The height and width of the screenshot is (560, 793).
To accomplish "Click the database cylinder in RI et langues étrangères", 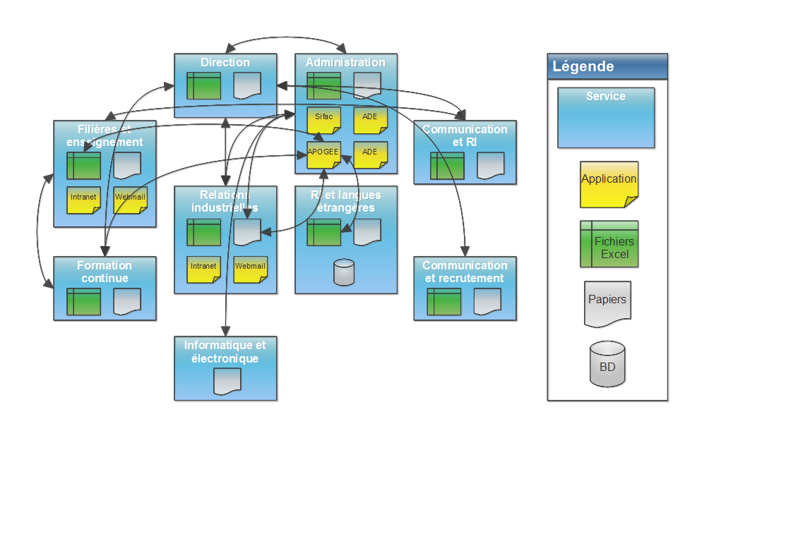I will (x=344, y=273).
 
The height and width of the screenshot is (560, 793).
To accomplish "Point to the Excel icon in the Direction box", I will (x=203, y=86).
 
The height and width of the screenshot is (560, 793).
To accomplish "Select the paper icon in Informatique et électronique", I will (x=227, y=382).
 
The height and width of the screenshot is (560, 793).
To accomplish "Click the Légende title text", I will (x=583, y=67).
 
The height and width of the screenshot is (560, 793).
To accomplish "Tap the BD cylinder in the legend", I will (x=607, y=364).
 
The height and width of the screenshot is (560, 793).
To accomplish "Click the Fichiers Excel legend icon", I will (x=609, y=244).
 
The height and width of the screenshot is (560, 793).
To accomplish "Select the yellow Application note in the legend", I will (x=609, y=184).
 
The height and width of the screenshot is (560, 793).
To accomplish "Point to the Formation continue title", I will (x=105, y=272).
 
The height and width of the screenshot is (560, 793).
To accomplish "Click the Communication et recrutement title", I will (x=465, y=272).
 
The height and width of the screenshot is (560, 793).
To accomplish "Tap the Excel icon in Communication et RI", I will (x=447, y=166).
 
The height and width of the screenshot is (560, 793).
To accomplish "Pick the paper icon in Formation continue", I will (x=127, y=302).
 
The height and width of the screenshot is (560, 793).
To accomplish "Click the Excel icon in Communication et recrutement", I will (x=443, y=302).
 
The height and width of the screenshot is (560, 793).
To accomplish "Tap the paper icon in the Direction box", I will (x=247, y=86).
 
